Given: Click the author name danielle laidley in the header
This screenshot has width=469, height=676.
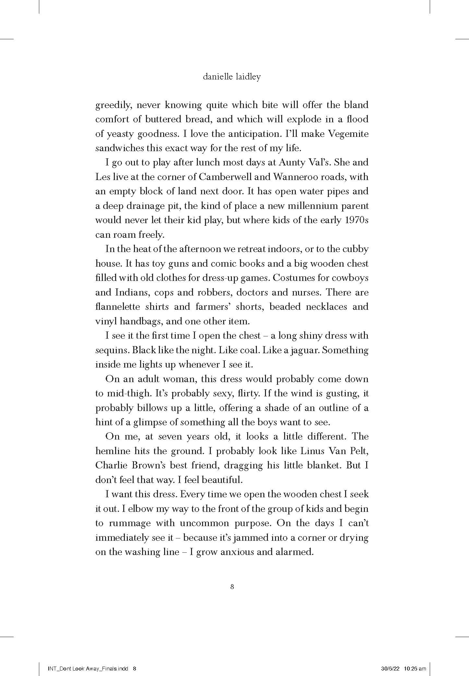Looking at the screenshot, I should pyautogui.click(x=231, y=77).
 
